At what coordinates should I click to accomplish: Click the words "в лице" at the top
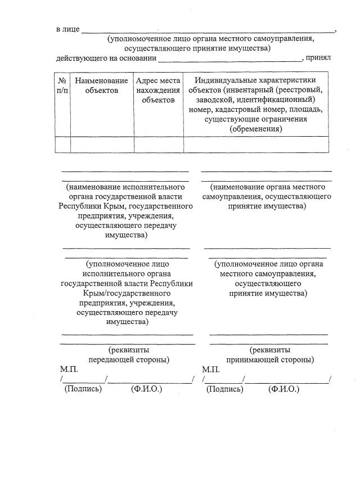67,29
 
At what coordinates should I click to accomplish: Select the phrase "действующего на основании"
106,57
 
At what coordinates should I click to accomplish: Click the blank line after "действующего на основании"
231,59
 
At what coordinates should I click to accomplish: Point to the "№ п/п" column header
62,86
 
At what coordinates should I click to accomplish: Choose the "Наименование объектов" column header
102,86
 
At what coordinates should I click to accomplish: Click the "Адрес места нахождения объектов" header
159,90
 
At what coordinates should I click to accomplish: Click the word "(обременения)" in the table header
256,129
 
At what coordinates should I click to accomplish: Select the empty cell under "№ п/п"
62,145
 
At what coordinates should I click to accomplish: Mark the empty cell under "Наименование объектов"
102,145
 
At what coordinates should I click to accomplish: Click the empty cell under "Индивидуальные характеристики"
256,145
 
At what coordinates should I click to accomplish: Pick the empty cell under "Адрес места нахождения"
159,145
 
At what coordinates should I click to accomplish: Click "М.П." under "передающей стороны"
69,370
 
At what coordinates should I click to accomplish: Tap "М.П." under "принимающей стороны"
210,370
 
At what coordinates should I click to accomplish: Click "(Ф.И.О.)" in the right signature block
284,389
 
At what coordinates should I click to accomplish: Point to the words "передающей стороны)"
129,360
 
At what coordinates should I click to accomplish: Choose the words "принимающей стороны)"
270,360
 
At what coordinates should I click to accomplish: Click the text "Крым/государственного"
127,293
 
